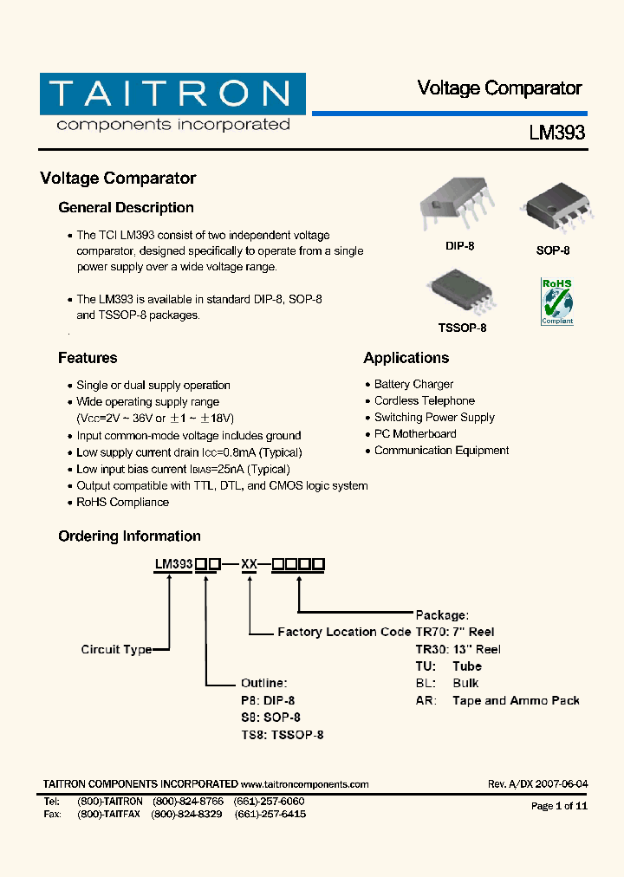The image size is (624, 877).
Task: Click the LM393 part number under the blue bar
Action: click(x=557, y=133)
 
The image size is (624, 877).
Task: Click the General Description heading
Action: click(x=126, y=208)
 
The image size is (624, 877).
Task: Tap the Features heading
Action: click(x=88, y=358)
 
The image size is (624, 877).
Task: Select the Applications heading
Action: click(x=406, y=358)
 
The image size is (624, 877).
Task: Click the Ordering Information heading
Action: click(x=129, y=536)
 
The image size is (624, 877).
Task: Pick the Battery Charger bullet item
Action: click(x=413, y=384)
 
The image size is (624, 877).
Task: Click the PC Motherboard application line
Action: click(x=415, y=433)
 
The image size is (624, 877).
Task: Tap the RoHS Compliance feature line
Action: click(x=122, y=502)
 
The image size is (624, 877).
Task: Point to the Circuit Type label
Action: click(x=116, y=649)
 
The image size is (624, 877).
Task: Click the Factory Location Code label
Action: click(x=344, y=632)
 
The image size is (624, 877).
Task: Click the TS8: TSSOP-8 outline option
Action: click(x=282, y=735)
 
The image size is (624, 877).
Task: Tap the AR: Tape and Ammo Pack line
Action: click(x=497, y=700)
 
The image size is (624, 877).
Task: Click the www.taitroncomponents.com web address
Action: click(x=305, y=784)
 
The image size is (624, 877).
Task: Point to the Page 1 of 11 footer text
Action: click(x=559, y=806)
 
